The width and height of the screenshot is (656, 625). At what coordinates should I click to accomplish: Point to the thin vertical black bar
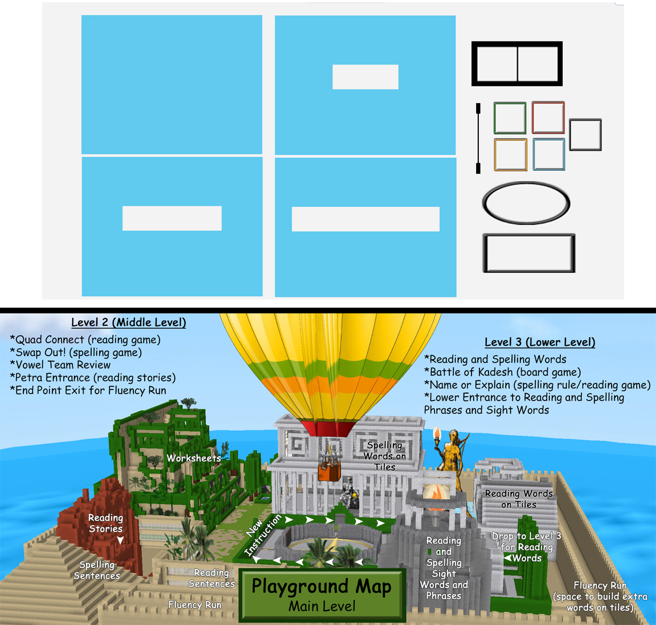[478, 138]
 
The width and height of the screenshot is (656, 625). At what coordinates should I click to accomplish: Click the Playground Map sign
[322, 594]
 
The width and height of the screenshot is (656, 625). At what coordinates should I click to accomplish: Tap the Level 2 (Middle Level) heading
[129, 322]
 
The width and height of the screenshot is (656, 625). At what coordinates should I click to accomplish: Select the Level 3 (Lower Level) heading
[540, 342]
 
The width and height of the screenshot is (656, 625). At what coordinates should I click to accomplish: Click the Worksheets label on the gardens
[194, 458]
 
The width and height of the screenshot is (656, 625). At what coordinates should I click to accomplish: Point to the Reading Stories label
[105, 523]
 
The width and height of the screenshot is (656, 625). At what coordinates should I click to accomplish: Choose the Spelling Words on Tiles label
[384, 456]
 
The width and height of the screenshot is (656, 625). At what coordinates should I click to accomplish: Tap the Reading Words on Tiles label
[519, 499]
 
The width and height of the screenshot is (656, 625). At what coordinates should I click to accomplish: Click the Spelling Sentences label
[97, 570]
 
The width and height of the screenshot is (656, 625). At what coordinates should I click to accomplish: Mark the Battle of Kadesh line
[502, 371]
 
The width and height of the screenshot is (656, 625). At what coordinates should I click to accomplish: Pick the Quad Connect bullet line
[85, 340]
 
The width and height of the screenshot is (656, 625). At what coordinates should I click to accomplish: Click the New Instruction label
[263, 536]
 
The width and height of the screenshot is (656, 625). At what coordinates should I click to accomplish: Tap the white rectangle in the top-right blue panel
[365, 76]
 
